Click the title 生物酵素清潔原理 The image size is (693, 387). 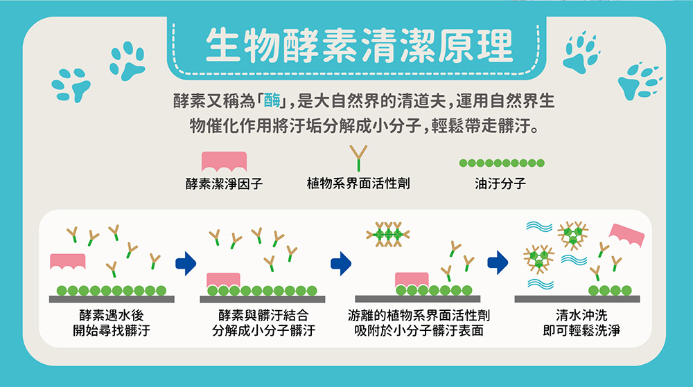pos(359,45)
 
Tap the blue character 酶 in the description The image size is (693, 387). pos(272,101)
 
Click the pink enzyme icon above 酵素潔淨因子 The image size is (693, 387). pos(224,161)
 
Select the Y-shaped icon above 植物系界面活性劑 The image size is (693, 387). pos(358,158)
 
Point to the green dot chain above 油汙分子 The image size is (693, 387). pos(502,163)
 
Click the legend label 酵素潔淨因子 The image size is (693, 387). pos(224,183)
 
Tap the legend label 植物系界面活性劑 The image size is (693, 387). pos(358,183)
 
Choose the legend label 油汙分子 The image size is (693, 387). pos(500,183)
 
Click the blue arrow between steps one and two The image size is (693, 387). pos(186,264)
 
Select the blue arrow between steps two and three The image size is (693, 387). pos(341,264)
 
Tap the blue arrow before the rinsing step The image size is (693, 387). pos(498,262)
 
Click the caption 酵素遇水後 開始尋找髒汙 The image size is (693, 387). pos(112,323)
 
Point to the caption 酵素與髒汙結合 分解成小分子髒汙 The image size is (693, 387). pos(263,323)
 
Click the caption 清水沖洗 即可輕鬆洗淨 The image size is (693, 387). pos(581,323)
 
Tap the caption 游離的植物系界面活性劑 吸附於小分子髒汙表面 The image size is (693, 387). pos(419,323)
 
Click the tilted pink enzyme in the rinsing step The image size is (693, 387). pos(626,234)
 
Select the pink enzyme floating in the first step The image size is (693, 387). pos(68,261)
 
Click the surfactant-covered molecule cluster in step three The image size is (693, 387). pos(388,234)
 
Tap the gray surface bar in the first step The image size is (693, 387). pos(112,299)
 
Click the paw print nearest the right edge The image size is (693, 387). pos(640,81)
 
